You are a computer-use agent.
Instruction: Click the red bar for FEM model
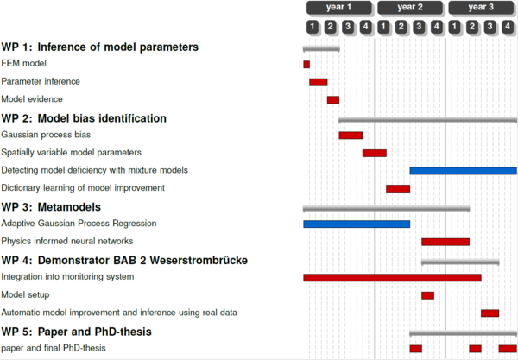click(x=306, y=65)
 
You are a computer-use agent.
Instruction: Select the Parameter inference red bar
click(x=319, y=82)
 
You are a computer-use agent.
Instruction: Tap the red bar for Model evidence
click(x=333, y=100)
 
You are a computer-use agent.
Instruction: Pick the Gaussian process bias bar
click(x=351, y=136)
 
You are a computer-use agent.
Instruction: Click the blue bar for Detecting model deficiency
click(x=464, y=171)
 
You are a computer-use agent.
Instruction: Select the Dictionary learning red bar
click(x=398, y=188)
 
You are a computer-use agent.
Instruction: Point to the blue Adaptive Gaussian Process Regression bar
click(x=357, y=224)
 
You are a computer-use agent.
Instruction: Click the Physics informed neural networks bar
click(x=445, y=242)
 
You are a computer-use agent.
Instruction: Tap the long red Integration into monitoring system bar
click(x=393, y=277)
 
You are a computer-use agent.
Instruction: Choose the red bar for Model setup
click(x=428, y=295)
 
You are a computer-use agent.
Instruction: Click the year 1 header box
click(x=339, y=8)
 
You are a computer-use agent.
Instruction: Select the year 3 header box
click(x=481, y=8)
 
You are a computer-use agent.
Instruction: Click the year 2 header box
click(x=410, y=8)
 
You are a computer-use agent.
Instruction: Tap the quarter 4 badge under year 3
click(x=508, y=27)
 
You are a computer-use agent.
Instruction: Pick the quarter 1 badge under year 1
click(x=313, y=27)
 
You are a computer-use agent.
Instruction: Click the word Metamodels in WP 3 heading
click(x=69, y=207)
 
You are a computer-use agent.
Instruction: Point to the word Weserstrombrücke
click(x=199, y=260)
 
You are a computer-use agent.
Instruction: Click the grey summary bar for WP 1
click(x=321, y=49)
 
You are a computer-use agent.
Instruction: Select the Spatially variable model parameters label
click(x=72, y=153)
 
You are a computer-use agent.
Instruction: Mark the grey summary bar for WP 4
click(x=460, y=262)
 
